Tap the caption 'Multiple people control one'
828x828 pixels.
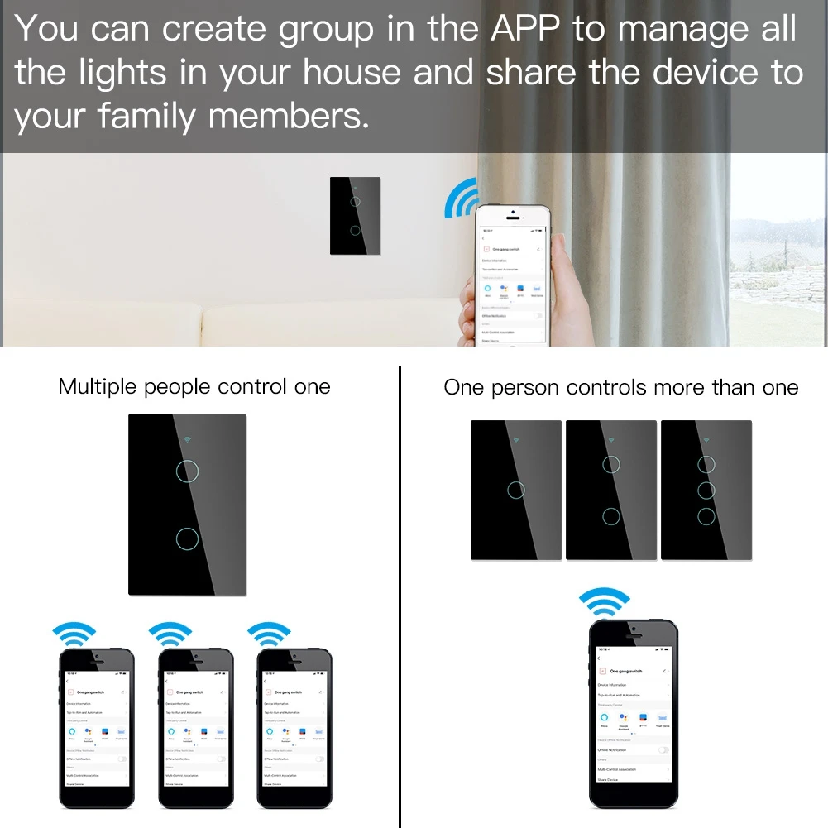(194, 386)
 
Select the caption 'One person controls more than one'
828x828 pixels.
(620, 387)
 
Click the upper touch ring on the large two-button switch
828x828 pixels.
(188, 471)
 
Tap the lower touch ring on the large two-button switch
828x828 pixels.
(188, 539)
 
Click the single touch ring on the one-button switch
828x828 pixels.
(516, 490)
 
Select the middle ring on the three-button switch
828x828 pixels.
(706, 490)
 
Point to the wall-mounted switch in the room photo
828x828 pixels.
(355, 216)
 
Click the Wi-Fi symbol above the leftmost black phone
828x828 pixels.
(74, 633)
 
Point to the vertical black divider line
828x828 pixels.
(400, 596)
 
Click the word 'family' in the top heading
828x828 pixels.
(147, 116)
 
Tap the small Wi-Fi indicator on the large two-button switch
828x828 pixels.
(186, 441)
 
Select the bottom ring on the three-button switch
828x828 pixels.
(706, 516)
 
